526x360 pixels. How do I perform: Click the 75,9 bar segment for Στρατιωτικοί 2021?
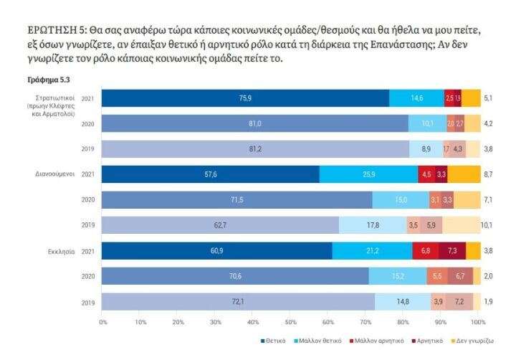[245, 98]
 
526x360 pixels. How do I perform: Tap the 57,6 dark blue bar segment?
[210, 174]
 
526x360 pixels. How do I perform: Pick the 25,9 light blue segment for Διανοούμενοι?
[368, 174]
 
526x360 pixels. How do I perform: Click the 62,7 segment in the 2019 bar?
[219, 225]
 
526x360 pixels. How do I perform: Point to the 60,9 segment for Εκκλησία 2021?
[216, 251]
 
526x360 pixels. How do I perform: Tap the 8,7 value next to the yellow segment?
[487, 174]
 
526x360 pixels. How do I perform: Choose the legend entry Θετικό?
[275, 341]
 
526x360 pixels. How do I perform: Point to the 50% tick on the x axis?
[291, 322]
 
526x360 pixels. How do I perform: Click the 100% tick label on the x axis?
[478, 322]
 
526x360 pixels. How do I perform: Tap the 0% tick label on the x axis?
[104, 322]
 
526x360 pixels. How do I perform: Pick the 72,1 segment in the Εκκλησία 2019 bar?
[237, 302]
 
